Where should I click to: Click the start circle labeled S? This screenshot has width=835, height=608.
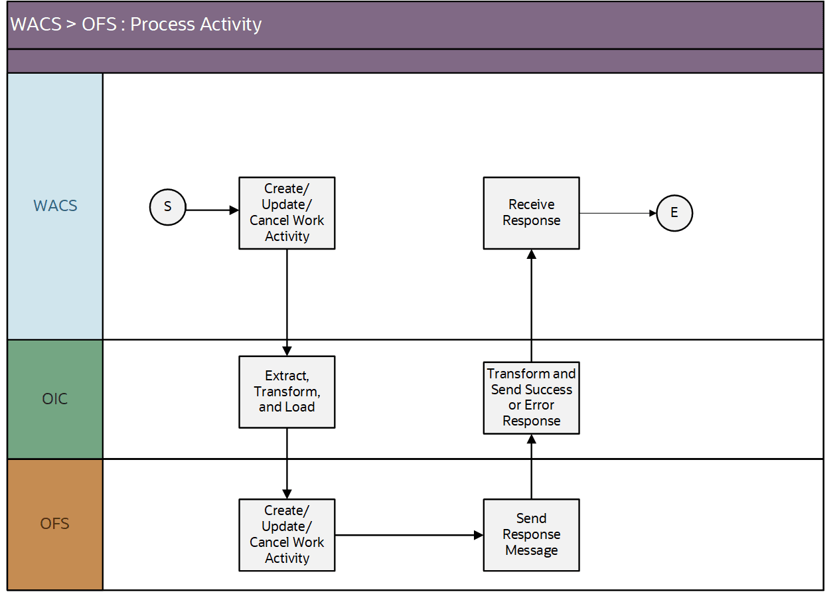pos(167,206)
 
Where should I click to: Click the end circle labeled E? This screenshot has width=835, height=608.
pos(674,213)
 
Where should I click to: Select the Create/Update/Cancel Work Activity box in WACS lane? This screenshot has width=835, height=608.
pos(287,213)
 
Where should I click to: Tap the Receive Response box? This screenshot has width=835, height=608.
pos(531,213)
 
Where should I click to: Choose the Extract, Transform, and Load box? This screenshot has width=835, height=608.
pos(287,392)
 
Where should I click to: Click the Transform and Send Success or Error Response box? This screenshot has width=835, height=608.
pos(531,397)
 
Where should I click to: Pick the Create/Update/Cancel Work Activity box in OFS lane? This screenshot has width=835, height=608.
pos(287,534)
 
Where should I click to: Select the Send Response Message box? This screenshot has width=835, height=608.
pos(531,534)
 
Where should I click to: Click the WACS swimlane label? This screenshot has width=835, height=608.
pos(55,206)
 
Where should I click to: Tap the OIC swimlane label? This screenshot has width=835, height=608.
pos(55,399)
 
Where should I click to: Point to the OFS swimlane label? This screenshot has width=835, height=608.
pos(55,524)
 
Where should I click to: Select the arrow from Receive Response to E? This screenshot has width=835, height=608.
pos(617,213)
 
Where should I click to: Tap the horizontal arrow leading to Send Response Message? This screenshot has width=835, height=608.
pos(408,534)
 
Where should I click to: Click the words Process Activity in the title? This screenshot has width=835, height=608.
pos(196,25)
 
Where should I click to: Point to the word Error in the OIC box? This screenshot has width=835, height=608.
pos(540,405)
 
